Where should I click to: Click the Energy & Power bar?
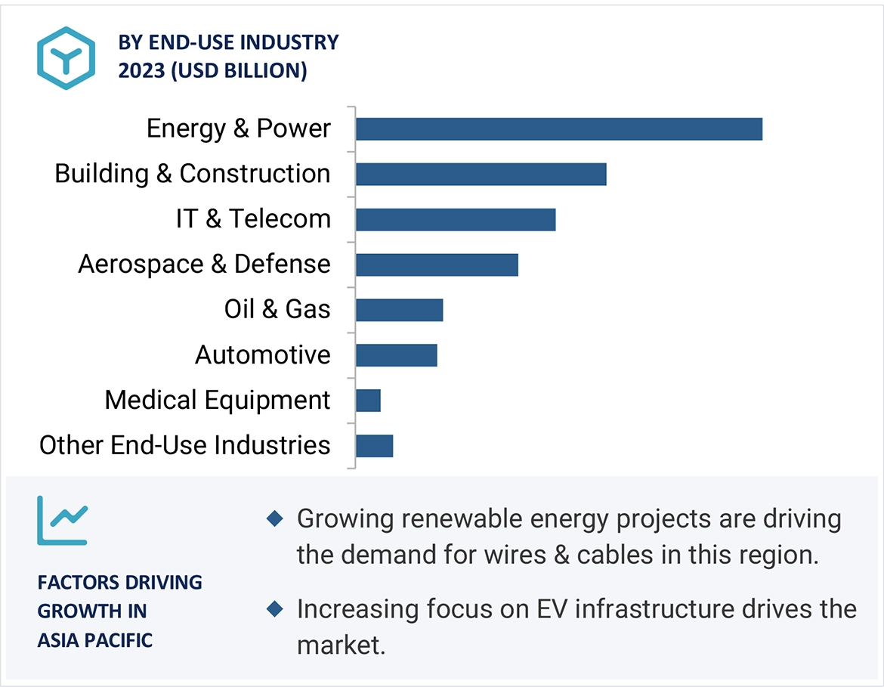tap(558, 129)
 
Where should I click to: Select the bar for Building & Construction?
tap(481, 174)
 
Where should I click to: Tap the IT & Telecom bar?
tap(455, 219)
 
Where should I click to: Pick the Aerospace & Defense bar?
tap(437, 265)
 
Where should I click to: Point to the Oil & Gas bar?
tap(399, 310)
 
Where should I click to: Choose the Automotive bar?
tap(396, 355)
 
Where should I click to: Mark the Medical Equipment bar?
tap(368, 401)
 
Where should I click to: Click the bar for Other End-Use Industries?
tap(374, 446)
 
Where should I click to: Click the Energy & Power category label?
tap(238, 128)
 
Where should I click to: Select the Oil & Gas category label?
tap(277, 309)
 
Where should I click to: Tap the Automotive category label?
tap(262, 354)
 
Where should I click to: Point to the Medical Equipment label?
tap(217, 400)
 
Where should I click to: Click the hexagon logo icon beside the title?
tap(66, 58)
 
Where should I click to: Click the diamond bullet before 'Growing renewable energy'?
tap(275, 519)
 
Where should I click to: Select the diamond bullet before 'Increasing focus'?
tap(275, 608)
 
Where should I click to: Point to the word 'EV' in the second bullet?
tap(555, 608)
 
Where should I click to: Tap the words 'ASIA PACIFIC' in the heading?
tap(95, 640)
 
